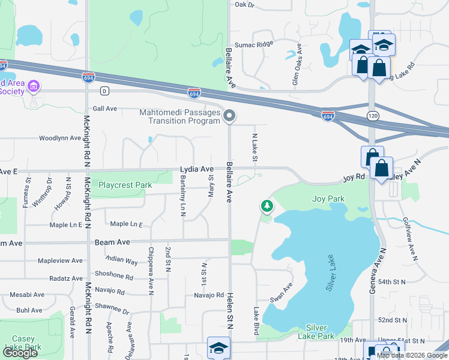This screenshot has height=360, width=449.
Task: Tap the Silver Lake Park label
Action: (316, 331)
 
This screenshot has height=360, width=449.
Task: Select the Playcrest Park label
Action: (125, 185)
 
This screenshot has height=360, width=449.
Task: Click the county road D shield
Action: (104, 91)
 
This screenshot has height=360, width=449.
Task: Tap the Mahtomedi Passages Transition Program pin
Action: (229, 116)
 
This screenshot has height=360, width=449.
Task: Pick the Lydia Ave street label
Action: (197, 170)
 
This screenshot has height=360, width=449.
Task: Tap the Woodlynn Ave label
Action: (59, 138)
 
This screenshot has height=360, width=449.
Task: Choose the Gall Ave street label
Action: (104, 109)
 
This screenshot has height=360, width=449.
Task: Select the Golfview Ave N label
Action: (411, 238)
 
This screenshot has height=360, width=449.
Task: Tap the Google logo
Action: (20, 353)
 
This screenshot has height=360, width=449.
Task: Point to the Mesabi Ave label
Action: (27, 295)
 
